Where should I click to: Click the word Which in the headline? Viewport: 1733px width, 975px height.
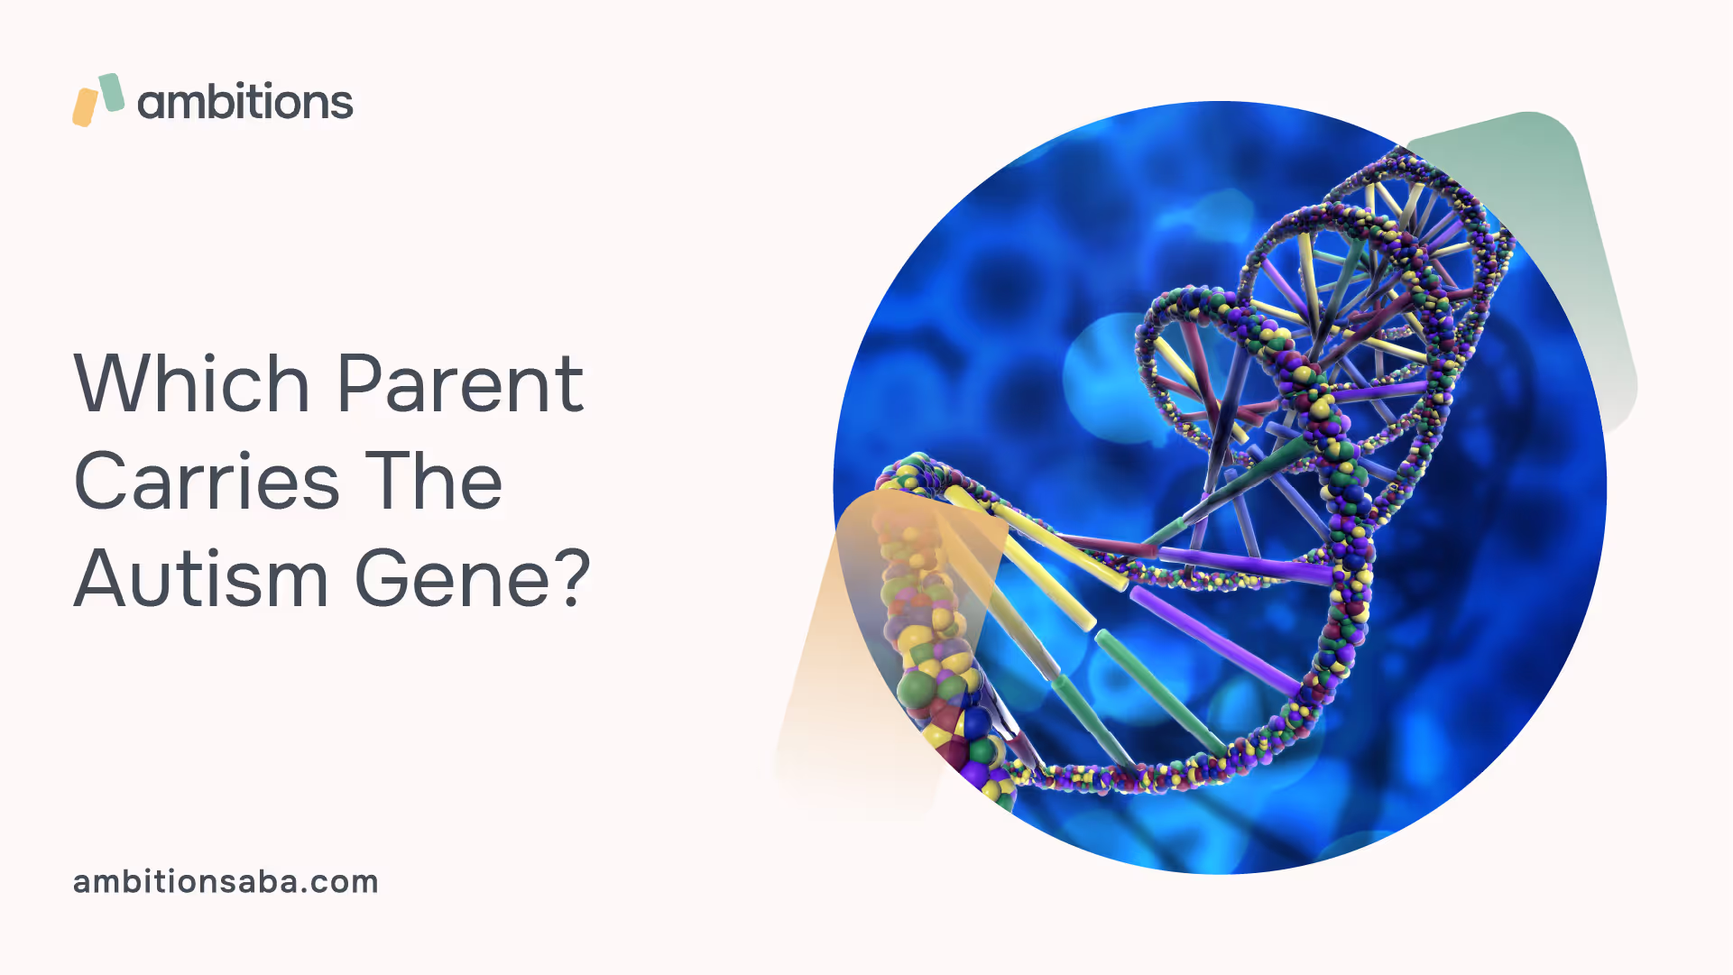tap(192, 383)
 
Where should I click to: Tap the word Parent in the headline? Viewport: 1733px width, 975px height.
tap(460, 385)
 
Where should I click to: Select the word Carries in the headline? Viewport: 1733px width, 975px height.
tap(207, 480)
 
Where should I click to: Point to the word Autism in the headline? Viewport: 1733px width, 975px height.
tap(201, 578)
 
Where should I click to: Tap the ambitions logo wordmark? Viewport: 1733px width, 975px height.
tap(244, 101)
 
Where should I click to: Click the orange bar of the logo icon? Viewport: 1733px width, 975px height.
tap(85, 107)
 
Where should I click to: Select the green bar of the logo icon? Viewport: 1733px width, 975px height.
tap(111, 92)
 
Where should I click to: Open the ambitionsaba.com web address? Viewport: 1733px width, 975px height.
tap(226, 881)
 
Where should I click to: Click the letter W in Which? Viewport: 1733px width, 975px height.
tap(113, 383)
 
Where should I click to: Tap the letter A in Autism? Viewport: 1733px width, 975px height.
tap(102, 578)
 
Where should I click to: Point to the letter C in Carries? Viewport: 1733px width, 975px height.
tap(101, 480)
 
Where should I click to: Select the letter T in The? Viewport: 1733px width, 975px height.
tap(388, 480)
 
